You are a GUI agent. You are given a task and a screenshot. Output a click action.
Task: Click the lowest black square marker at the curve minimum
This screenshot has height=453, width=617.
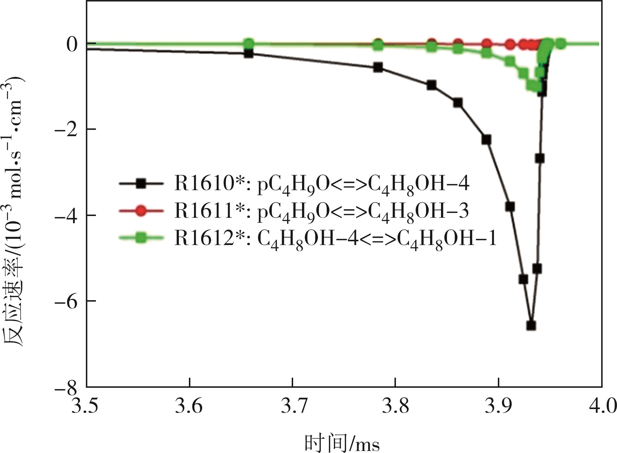[531, 325]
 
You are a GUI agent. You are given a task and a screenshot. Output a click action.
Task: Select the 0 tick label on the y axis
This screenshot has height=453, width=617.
[72, 45]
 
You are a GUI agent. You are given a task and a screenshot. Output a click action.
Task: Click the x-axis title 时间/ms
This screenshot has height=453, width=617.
[342, 442]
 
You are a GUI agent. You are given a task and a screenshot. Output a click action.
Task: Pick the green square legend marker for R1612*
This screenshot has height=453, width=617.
[141, 238]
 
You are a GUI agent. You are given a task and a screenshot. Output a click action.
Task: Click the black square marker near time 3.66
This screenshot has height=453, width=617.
[248, 53]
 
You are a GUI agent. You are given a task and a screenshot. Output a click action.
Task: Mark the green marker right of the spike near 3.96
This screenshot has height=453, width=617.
[561, 44]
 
